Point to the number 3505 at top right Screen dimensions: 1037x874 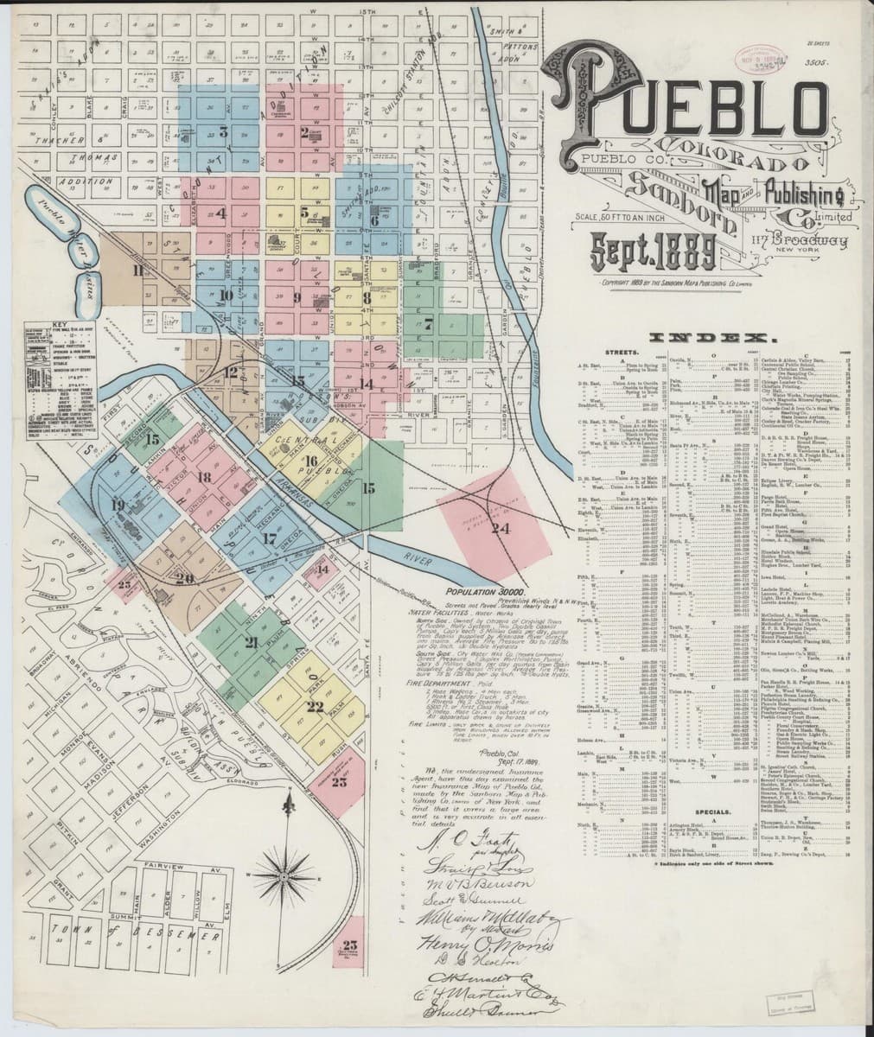point(815,62)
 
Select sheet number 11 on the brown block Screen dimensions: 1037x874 point(138,269)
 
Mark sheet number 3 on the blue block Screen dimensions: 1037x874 point(223,132)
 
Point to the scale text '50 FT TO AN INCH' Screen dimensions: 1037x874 point(606,217)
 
